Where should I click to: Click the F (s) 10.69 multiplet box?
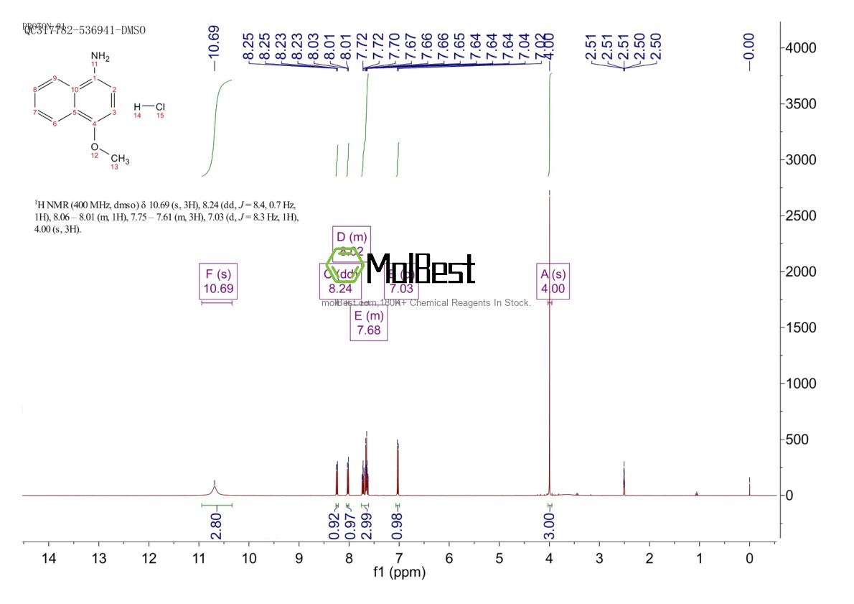pos(217,281)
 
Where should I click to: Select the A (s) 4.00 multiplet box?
pos(553,281)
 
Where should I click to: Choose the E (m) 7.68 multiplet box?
pos(369,323)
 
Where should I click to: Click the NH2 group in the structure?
pos(100,57)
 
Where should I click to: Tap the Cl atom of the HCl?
pos(159,108)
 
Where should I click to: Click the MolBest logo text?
pos(420,269)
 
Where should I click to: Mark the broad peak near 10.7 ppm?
pos(215,488)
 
